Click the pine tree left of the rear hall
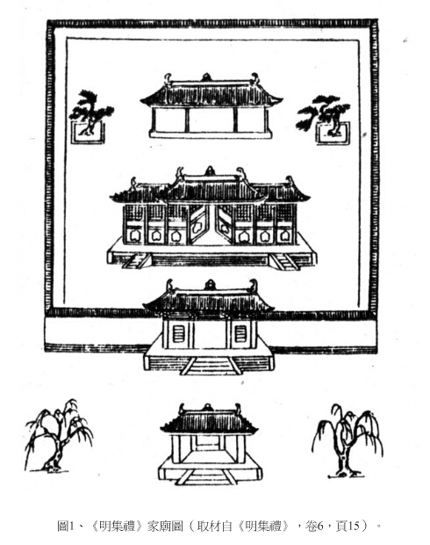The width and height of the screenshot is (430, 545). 91,112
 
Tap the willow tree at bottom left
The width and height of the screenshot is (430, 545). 58,436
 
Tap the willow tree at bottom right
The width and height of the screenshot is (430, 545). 347,440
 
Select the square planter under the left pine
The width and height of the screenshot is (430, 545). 88,133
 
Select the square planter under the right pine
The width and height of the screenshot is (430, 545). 333,134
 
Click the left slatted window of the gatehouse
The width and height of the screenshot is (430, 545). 178,334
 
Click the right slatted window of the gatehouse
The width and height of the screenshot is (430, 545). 240,334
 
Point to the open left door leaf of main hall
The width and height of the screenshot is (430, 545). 197,224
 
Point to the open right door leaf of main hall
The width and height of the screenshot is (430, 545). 224,224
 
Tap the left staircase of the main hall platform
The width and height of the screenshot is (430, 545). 136,261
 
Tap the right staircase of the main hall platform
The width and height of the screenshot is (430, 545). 285,261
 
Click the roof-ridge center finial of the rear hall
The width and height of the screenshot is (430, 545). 206,77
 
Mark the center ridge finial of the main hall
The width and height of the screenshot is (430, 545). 210,171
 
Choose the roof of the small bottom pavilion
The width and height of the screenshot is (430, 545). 209,420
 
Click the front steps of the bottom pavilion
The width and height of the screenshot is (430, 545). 207,476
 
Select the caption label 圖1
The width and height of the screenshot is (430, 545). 66,527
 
